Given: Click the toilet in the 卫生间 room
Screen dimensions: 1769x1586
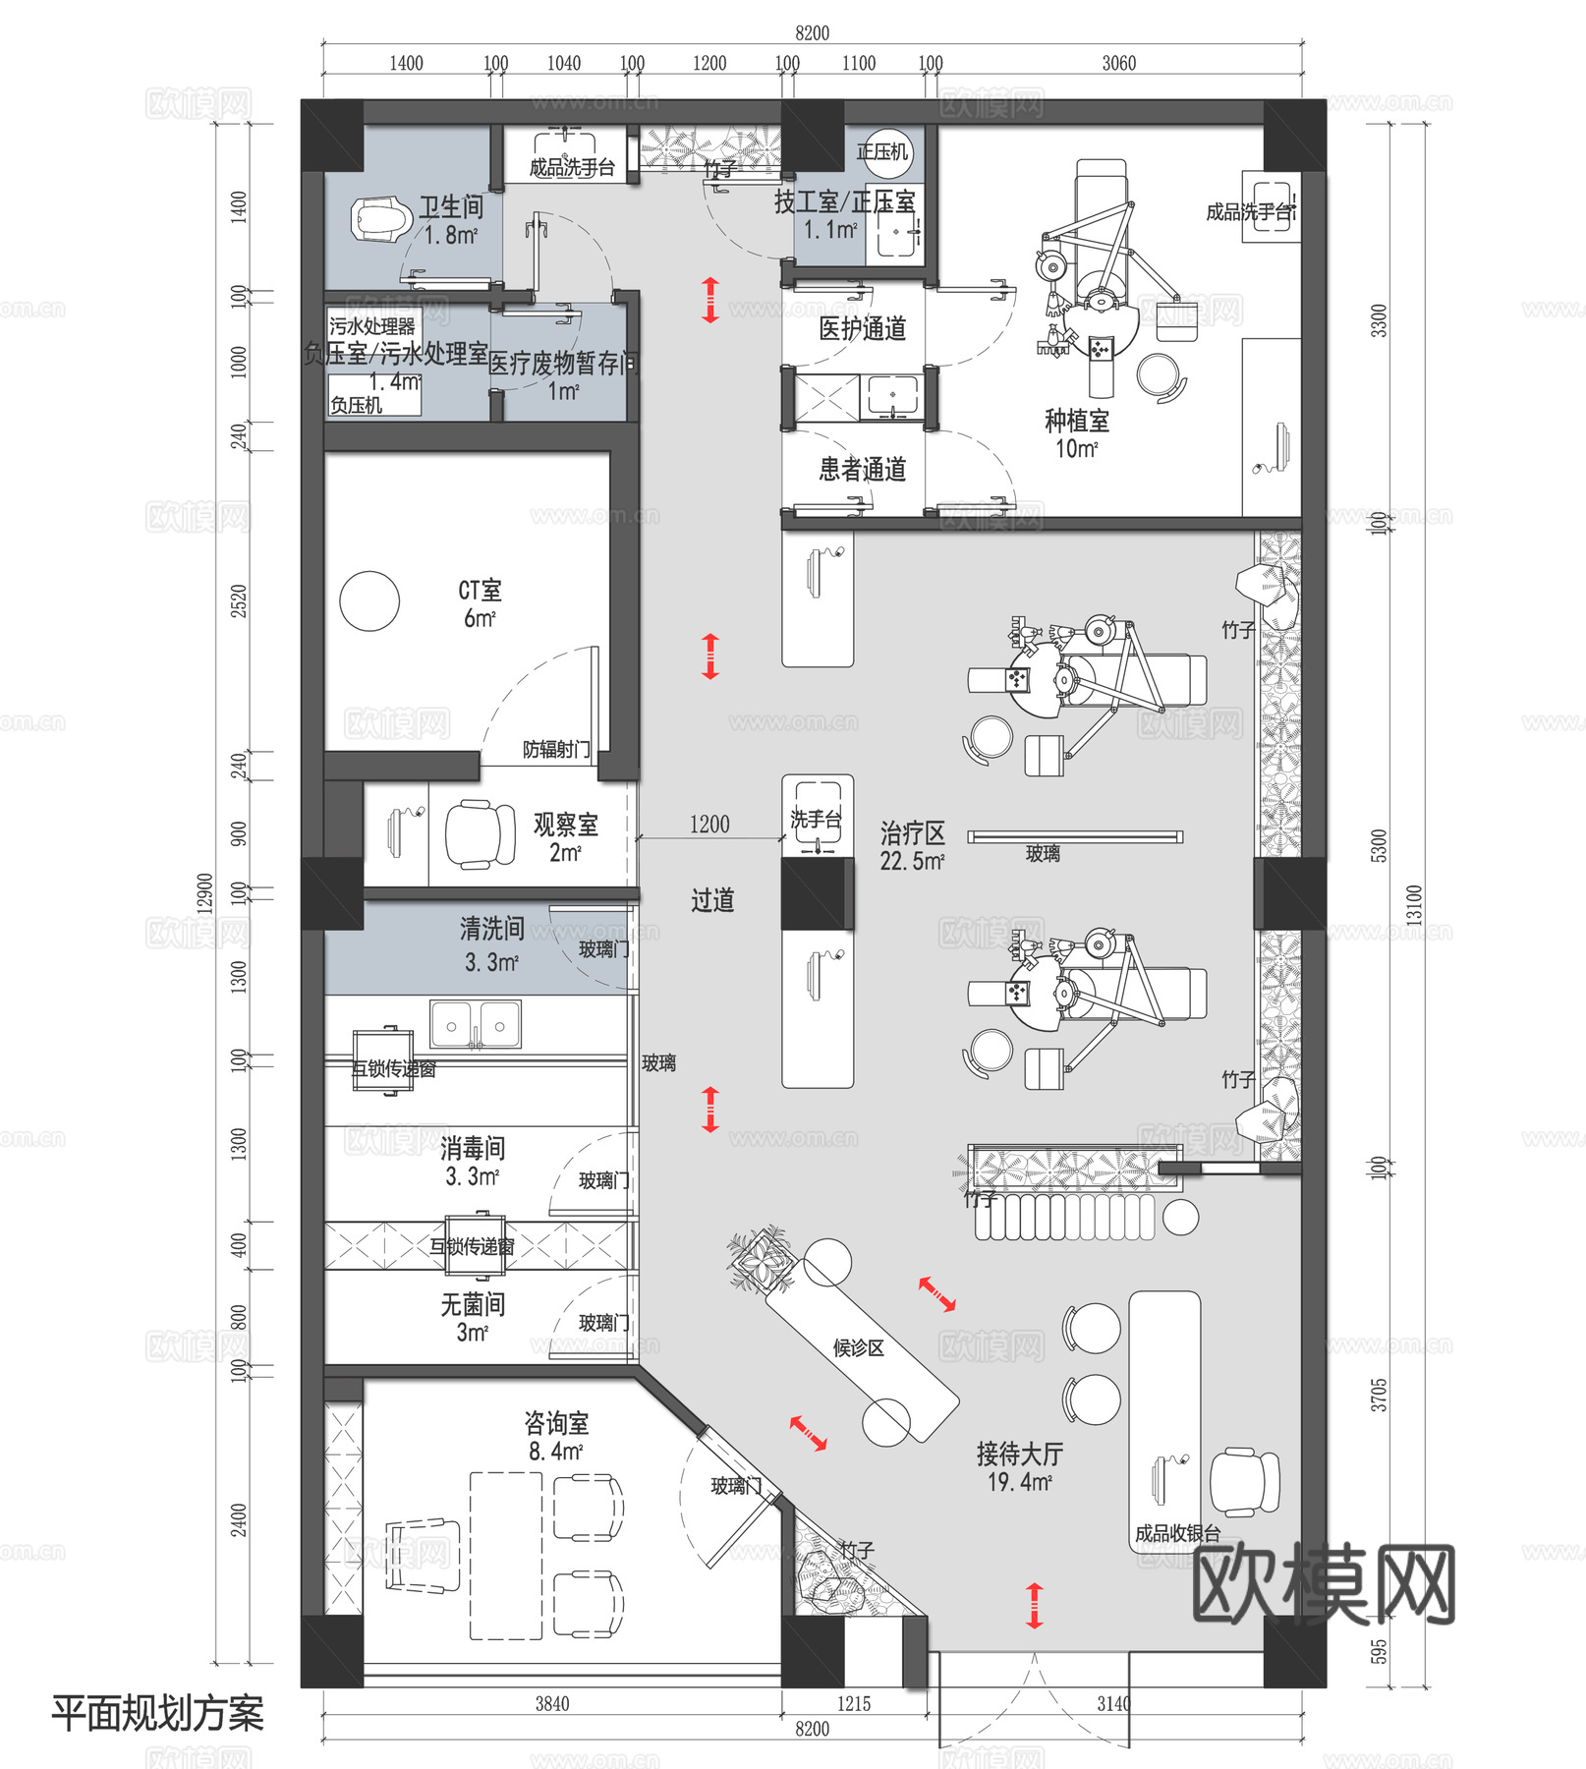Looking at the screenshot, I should point(380,218).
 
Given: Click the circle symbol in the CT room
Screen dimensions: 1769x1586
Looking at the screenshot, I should point(369,601).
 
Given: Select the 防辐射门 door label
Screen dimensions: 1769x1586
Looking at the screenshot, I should point(556,750).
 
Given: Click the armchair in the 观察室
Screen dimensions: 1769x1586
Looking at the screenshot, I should point(481,834).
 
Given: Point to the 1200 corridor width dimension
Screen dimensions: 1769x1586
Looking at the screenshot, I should point(709,825).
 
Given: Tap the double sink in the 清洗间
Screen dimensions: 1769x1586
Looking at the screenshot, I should point(476,1025).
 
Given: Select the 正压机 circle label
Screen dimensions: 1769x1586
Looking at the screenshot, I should point(882,152).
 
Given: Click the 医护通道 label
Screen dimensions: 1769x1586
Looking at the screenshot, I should point(863,329).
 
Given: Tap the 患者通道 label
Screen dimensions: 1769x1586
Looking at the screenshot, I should point(863,470).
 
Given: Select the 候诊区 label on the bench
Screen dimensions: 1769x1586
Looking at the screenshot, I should point(859,1347).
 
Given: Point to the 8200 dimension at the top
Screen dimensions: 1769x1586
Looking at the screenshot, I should point(812,33).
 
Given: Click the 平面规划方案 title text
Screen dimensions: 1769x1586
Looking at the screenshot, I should point(157,1713).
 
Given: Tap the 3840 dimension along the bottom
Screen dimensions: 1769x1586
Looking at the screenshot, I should point(551,1703).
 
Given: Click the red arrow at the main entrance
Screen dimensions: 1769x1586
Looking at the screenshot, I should point(1034,1605).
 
